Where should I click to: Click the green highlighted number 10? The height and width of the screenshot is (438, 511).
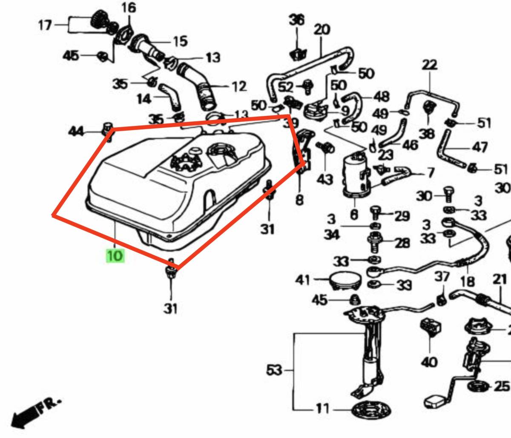tap(115, 256)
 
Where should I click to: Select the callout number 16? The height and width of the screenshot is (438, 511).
tap(129, 8)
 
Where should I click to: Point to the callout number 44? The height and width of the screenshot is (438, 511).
tap(77, 132)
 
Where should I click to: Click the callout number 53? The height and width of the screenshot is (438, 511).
tap(274, 371)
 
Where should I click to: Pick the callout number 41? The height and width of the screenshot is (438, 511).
tap(303, 280)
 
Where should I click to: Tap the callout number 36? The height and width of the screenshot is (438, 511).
tap(297, 20)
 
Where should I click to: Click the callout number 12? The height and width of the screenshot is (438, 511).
tap(239, 87)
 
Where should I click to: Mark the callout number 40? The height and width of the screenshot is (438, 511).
tap(429, 362)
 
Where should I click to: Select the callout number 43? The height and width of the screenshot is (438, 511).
tap(325, 179)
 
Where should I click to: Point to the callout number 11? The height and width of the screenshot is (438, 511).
tap(322, 409)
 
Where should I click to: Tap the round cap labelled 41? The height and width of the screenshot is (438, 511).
tap(345, 281)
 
